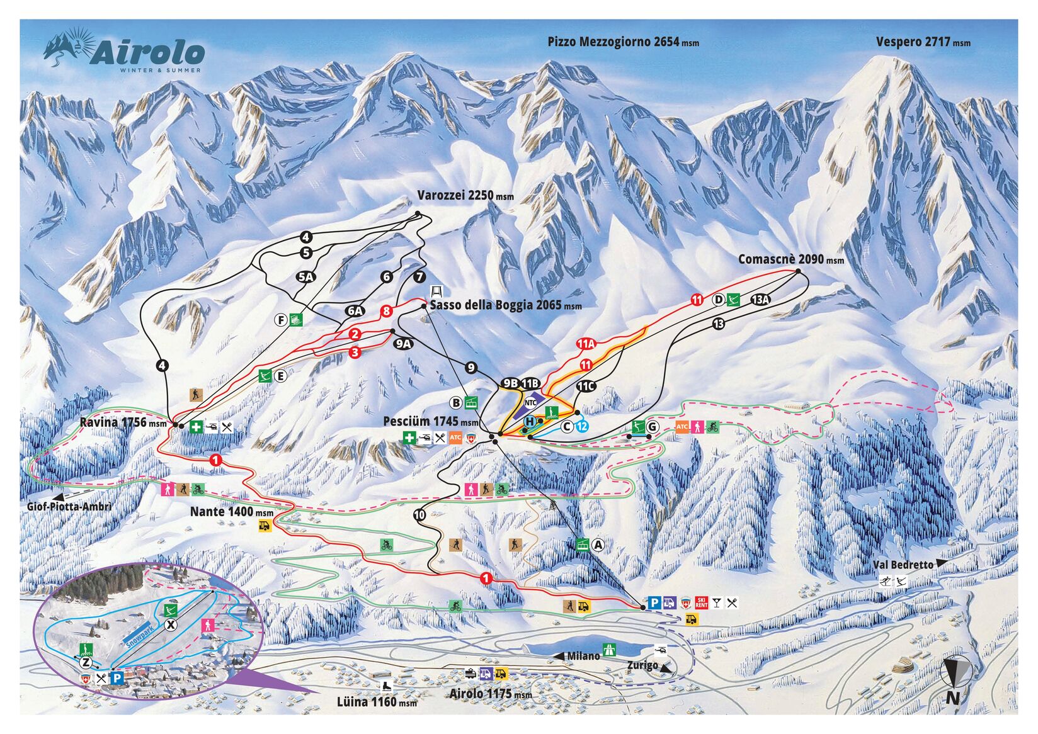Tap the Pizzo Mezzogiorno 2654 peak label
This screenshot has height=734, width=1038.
pyautogui.click(x=622, y=42)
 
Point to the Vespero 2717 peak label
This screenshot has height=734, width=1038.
pyautogui.click(x=922, y=42)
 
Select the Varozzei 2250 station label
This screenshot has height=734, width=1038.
pyautogui.click(x=465, y=196)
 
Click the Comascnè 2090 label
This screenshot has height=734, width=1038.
pyautogui.click(x=790, y=259)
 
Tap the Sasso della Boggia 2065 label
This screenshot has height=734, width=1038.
pyautogui.click(x=506, y=305)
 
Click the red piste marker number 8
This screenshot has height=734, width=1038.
pyautogui.click(x=386, y=310)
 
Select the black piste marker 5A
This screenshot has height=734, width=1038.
pyautogui.click(x=305, y=276)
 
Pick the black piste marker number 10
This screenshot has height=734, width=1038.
pyautogui.click(x=419, y=515)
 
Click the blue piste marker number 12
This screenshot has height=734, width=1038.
pyautogui.click(x=582, y=427)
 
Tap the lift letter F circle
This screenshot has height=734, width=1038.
pyautogui.click(x=282, y=320)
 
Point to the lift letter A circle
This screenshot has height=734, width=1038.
pyautogui.click(x=598, y=545)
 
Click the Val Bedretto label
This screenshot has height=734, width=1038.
pyautogui.click(x=903, y=565)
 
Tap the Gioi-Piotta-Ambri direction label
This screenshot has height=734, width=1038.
pyautogui.click(x=69, y=506)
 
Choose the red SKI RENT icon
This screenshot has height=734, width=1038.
pyautogui.click(x=702, y=603)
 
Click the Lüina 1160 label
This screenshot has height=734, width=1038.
pyautogui.click(x=376, y=701)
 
